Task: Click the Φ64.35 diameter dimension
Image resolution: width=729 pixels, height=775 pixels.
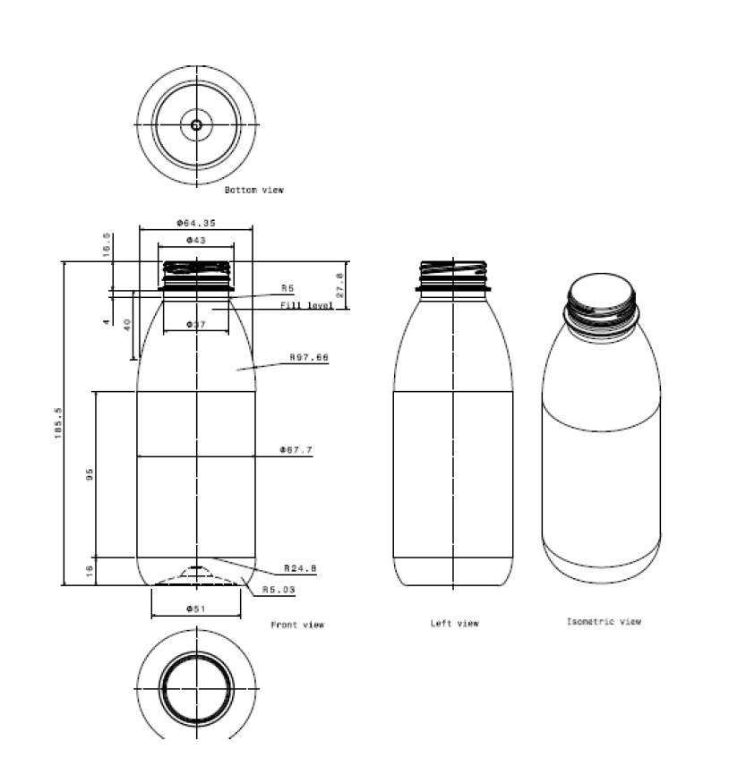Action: click(x=195, y=222)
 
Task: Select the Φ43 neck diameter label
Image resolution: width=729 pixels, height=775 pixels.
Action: click(x=195, y=240)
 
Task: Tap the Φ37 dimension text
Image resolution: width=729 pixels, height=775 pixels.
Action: click(x=195, y=324)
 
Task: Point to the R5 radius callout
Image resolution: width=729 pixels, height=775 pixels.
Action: click(x=287, y=288)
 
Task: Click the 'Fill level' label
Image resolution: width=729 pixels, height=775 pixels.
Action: click(x=306, y=306)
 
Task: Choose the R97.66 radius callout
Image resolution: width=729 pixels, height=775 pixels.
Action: click(x=309, y=357)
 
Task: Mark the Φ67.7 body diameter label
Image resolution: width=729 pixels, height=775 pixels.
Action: click(x=296, y=450)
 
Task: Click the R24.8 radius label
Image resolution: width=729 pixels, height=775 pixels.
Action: click(x=300, y=568)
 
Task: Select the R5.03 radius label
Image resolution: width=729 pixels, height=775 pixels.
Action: click(x=279, y=590)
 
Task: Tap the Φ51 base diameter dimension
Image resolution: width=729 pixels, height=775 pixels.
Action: click(x=195, y=609)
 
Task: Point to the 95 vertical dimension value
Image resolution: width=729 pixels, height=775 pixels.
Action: click(x=90, y=474)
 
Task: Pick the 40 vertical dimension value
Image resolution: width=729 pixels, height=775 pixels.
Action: click(x=127, y=325)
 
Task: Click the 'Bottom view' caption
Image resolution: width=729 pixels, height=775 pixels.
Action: click(x=253, y=190)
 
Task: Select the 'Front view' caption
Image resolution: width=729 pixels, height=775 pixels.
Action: click(x=297, y=625)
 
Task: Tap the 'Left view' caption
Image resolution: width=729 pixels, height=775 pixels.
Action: click(x=454, y=624)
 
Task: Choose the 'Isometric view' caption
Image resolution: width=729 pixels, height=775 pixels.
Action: click(x=603, y=621)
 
